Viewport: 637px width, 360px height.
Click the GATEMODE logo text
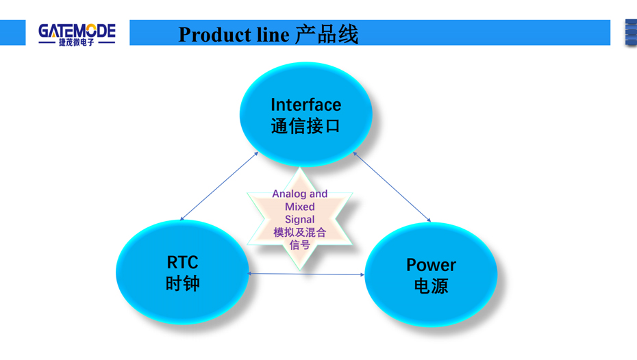point(77,30)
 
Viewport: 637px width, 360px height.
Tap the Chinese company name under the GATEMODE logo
point(77,42)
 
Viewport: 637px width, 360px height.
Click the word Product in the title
point(210,34)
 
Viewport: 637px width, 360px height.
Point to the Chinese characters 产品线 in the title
point(327,34)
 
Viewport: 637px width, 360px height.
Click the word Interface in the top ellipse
point(305,105)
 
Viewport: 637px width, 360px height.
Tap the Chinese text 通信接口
point(305,126)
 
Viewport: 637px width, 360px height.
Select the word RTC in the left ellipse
point(182,262)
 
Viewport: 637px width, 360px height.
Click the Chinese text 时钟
point(182,283)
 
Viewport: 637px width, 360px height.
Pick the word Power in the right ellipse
point(431,265)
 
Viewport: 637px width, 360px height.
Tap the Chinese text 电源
point(431,285)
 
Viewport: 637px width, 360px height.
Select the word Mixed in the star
point(300,207)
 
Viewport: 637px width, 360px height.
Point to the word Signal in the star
point(300,219)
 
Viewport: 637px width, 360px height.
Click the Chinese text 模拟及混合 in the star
point(300,232)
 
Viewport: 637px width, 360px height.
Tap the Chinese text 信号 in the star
point(300,244)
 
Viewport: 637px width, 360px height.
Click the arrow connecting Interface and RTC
point(218,186)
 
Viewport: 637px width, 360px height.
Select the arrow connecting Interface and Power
point(392,187)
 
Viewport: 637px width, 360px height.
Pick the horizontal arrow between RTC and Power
point(306,274)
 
